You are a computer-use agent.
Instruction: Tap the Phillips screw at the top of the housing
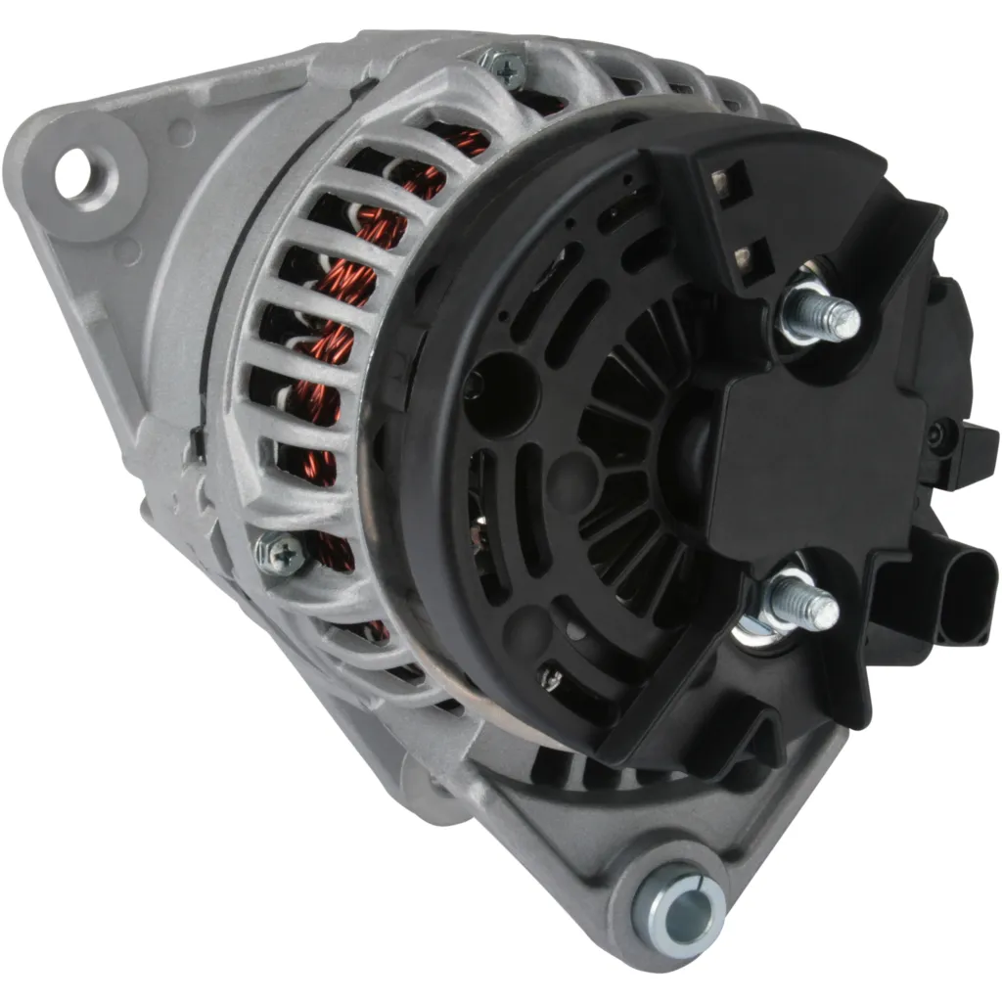[512, 66]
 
